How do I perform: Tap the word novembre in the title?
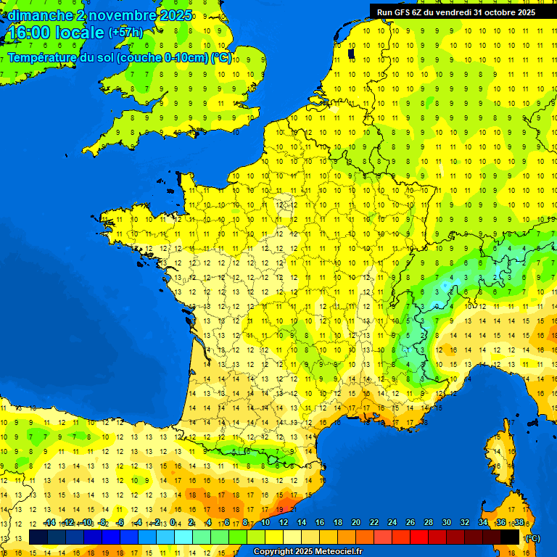125,15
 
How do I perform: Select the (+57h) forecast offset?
125,33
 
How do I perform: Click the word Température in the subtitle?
44,58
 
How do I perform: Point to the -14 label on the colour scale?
49,523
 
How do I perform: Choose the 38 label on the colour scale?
519,523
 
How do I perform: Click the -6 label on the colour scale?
120,523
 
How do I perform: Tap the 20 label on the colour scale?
356,523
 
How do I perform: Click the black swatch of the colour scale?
511,537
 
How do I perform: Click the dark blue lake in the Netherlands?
351,53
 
